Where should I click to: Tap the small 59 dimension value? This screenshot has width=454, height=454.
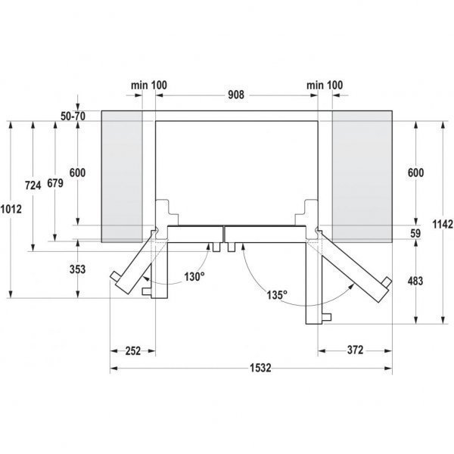point(415,234)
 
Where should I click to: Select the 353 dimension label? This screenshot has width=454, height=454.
point(77,269)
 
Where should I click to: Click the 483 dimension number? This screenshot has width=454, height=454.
point(415,281)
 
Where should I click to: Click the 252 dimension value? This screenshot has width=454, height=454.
point(133,350)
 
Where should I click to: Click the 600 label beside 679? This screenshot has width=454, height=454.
point(77,173)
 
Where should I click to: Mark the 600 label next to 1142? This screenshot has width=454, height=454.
point(415,173)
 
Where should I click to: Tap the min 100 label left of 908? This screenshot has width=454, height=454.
point(148,86)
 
